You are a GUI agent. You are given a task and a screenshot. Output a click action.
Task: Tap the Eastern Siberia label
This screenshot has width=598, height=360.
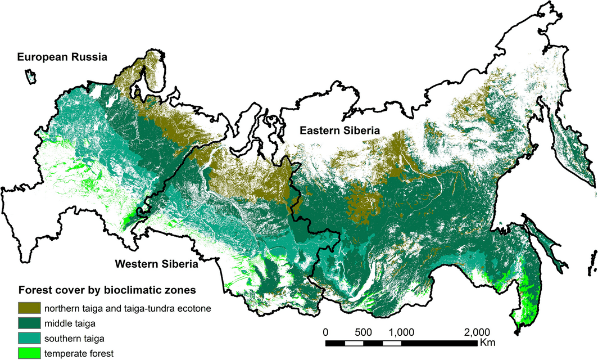pos(339,130)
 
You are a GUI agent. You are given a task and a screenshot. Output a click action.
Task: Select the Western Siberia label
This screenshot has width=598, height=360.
pos(156,264)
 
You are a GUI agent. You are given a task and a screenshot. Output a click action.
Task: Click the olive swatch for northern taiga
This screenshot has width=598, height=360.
pos(29,308)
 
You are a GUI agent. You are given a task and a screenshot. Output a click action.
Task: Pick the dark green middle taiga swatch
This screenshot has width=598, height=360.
pos(29,323)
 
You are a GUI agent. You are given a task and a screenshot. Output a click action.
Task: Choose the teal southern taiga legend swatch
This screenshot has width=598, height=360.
pos(29,339)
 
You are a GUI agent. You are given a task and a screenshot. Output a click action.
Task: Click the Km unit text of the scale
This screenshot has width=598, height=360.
pos(487,343)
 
